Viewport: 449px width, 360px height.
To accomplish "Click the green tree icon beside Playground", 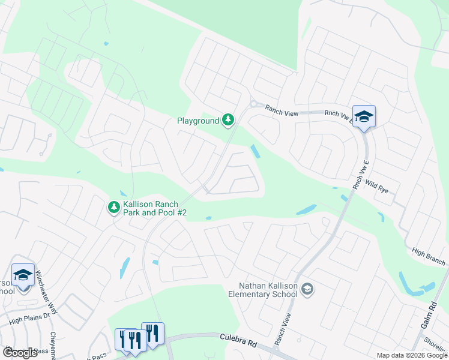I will (228, 121).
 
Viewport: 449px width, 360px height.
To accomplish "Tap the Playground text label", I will (198, 121).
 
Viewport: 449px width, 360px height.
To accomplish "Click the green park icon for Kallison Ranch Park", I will (113, 208).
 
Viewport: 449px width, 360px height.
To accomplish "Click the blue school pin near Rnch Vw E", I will (364, 116).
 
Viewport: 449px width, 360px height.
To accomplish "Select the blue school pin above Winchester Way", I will (23, 275).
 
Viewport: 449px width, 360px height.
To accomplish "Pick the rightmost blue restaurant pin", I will (152, 333).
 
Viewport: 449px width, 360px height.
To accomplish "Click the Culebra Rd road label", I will (238, 345).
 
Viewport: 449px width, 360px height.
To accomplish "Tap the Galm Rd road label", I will (432, 315).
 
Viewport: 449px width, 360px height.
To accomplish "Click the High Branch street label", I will (429, 257).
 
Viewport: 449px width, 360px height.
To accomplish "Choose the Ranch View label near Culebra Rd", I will (283, 329).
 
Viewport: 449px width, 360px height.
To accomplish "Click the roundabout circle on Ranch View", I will (253, 104).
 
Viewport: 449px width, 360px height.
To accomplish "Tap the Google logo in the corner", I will (20, 353).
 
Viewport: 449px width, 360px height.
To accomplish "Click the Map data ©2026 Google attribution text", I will (412, 355).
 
